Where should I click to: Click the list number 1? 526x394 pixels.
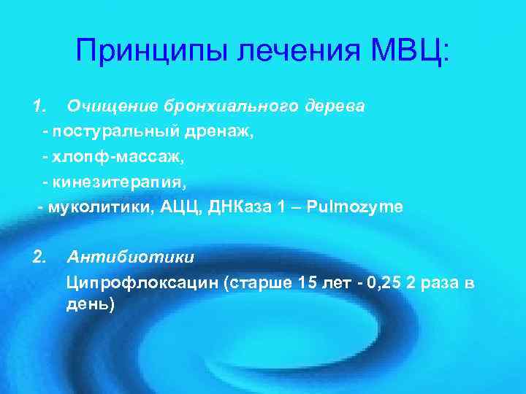click(39, 107)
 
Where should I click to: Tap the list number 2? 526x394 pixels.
click(39, 257)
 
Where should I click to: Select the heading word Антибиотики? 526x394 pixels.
click(131, 257)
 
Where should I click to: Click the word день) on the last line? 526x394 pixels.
click(91, 303)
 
